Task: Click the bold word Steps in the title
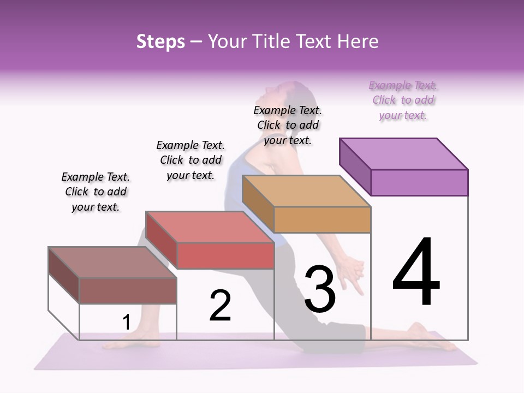tap(160, 41)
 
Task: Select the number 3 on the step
tap(320, 289)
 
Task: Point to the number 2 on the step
tap(220, 306)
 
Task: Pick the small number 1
tap(126, 323)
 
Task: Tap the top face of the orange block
tap(306, 191)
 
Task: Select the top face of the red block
tap(210, 227)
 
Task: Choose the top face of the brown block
tap(112, 262)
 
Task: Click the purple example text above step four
tap(403, 100)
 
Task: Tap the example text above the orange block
tap(288, 125)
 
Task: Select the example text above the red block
tap(190, 160)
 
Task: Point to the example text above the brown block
tap(96, 192)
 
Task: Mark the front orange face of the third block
tap(322, 219)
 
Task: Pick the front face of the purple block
tap(419, 182)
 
